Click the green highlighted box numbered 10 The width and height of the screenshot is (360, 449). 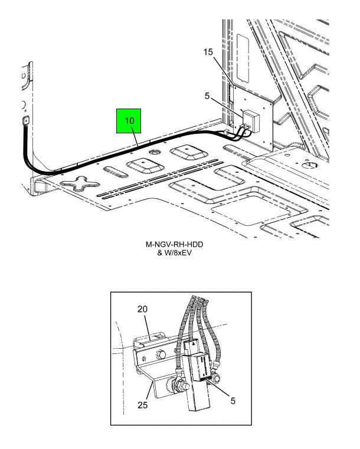click(129, 121)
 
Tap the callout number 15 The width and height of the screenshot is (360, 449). click(208, 52)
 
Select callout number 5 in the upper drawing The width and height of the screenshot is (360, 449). click(207, 96)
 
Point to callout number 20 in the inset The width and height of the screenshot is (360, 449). click(142, 309)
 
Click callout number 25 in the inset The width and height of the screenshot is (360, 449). click(142, 405)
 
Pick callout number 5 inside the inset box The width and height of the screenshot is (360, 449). click(233, 401)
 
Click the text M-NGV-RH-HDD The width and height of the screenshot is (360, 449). click(175, 244)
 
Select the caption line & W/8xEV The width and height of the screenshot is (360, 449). click(174, 253)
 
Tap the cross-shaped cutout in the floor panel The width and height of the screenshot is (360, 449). click(79, 184)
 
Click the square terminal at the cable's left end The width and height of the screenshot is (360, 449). click(27, 120)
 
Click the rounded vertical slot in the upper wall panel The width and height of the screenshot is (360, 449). click(243, 57)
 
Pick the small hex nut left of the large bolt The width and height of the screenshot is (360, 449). click(144, 358)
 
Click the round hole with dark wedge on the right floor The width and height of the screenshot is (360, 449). click(310, 165)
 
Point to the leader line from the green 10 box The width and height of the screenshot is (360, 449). click(135, 137)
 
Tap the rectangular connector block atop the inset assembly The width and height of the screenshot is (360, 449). click(191, 348)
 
